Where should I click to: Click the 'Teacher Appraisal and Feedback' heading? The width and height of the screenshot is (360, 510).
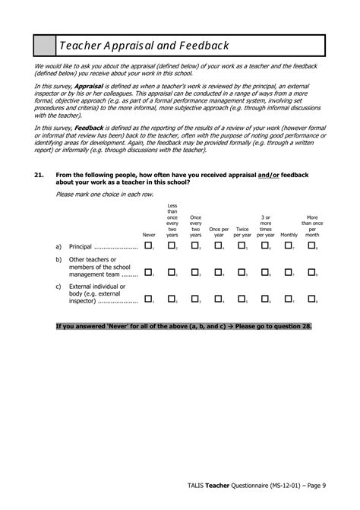[136, 46]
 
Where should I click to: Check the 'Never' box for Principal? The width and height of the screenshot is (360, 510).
[148, 245]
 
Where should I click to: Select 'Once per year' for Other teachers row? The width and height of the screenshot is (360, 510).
[219, 272]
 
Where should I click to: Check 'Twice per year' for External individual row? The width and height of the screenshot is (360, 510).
[242, 299]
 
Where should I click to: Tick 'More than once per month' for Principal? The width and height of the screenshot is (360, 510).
[311, 245]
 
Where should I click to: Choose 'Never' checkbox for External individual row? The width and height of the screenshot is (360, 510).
[148, 299]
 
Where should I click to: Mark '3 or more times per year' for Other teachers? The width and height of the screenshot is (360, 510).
[265, 272]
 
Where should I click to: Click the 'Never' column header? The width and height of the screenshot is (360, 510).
[149, 235]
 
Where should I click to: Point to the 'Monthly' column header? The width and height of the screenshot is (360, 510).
[289, 235]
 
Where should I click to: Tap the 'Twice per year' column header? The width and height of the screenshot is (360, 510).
[242, 232]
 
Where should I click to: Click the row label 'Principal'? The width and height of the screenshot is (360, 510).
[90, 247]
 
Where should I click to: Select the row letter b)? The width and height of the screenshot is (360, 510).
[58, 260]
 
